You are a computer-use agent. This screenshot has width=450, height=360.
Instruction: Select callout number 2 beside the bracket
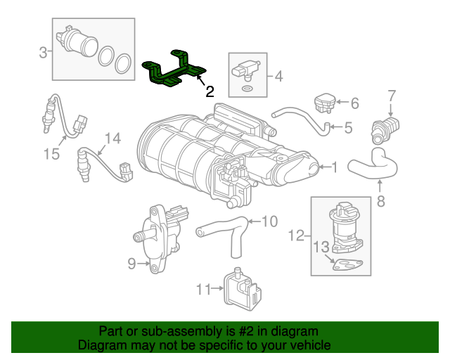(x=210, y=91)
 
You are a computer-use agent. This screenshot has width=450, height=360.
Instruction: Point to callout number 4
(x=278, y=76)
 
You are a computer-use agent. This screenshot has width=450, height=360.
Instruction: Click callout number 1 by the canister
(x=334, y=167)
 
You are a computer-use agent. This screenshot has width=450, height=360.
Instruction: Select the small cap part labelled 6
(x=324, y=101)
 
